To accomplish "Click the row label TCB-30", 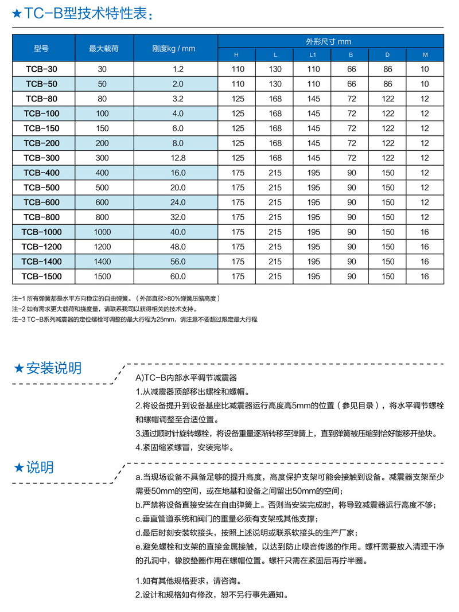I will (x=41, y=69).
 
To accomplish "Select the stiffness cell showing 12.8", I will (x=177, y=158).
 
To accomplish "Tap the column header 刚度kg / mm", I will (x=177, y=48).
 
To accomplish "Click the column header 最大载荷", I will (x=103, y=48).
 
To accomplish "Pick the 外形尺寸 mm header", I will (x=328, y=41).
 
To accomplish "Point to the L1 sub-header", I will (x=313, y=55).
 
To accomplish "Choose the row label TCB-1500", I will (x=41, y=276).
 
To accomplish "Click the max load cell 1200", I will (x=103, y=247).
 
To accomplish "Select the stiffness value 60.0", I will (x=177, y=276).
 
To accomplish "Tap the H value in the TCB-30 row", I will (x=237, y=69).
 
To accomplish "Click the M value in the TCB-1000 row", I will (x=425, y=232).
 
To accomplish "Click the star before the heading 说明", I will (x=18, y=467).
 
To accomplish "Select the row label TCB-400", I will (x=41, y=173).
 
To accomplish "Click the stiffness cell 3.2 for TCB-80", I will (x=177, y=98).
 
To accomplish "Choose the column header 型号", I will (x=41, y=48).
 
